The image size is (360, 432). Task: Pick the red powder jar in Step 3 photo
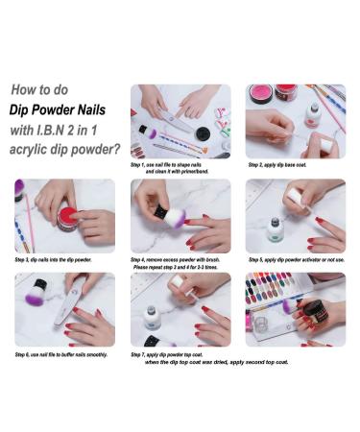(68, 217)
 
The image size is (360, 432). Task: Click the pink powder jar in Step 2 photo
(261, 93)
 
